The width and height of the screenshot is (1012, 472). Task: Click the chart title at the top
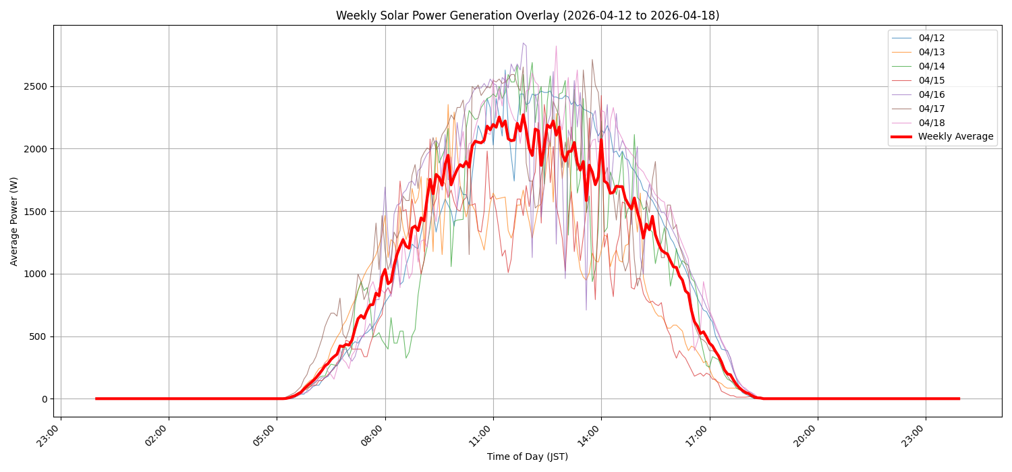click(528, 16)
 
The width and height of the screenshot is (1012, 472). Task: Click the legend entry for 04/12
click(931, 38)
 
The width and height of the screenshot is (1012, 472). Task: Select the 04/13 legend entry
click(931, 52)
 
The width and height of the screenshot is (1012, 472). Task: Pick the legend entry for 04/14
click(931, 66)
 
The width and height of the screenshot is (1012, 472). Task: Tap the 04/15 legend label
click(931, 80)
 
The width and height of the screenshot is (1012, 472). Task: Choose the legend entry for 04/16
click(931, 94)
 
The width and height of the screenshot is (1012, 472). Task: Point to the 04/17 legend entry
click(931, 109)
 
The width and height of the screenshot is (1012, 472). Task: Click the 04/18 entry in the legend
click(931, 123)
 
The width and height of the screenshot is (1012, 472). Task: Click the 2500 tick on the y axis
click(36, 86)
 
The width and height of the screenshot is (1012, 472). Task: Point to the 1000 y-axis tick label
click(36, 274)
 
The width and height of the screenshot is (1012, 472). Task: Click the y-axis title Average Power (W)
click(14, 221)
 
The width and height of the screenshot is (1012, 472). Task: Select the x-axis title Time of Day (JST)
click(528, 457)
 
